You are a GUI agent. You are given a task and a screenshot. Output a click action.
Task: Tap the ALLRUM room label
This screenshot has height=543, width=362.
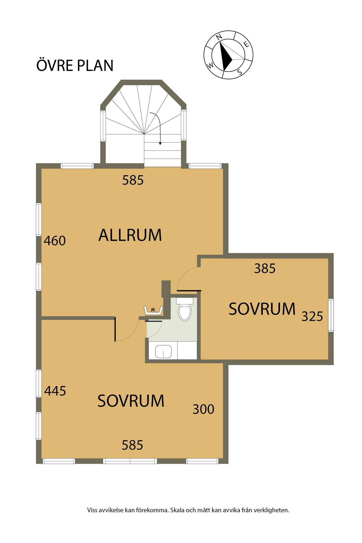coord(130,235)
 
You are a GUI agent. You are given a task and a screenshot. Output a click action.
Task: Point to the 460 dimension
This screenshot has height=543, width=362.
coord(55,241)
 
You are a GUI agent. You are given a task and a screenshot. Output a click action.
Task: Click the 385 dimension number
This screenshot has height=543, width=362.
coord(265,268)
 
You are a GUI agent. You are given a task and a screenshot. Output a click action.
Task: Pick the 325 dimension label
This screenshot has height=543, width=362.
coord(312,316)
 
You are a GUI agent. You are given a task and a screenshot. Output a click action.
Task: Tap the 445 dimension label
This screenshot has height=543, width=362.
coord(55,391)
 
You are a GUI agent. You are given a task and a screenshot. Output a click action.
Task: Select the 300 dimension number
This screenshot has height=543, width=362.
coord(203,409)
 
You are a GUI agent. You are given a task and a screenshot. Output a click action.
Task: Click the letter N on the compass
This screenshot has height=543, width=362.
coord(219,37)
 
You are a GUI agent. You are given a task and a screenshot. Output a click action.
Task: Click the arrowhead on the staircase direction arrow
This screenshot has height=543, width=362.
coord(160,143)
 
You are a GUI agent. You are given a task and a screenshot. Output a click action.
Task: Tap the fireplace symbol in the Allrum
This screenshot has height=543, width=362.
coord(153,310)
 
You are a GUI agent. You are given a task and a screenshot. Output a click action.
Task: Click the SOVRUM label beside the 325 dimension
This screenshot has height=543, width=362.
coord(262,309)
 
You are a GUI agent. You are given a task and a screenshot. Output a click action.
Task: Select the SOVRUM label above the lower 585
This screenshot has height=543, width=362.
coord(131,401)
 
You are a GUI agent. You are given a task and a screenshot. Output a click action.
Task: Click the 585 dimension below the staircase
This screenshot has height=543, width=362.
coord(133,180)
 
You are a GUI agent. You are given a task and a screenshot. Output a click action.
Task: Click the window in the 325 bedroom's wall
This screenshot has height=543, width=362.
coord(331,315)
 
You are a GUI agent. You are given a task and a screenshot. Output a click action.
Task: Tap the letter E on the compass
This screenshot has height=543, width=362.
coord(247,44)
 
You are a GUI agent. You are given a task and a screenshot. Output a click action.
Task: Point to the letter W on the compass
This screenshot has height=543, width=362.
coord(211,66)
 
